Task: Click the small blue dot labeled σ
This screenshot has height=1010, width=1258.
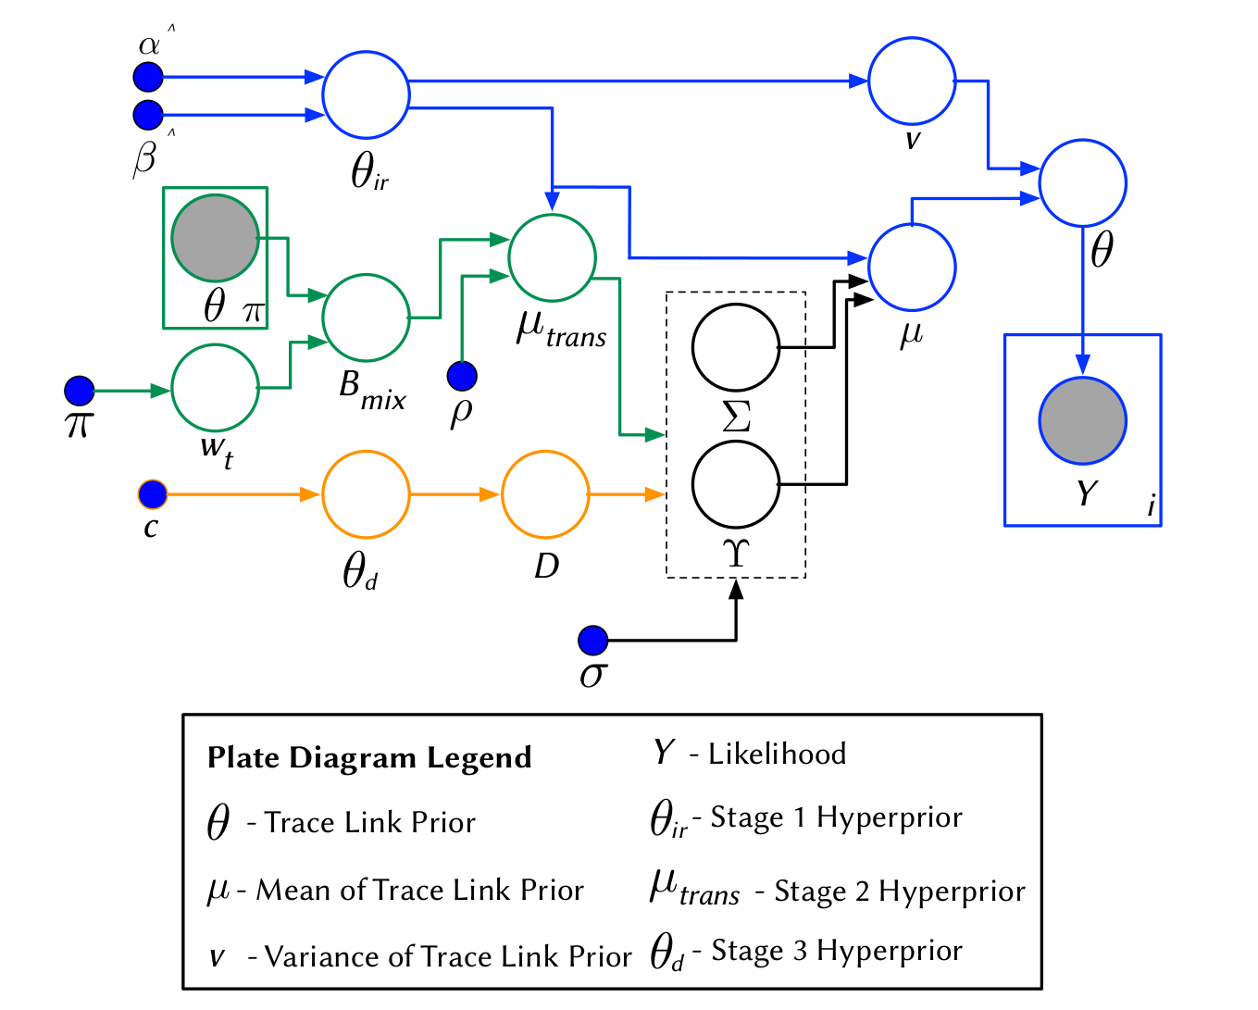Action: click(592, 640)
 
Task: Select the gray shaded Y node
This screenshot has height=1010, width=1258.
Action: click(1082, 420)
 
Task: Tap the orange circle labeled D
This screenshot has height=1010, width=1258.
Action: click(545, 494)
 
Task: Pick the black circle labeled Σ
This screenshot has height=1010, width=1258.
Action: click(736, 347)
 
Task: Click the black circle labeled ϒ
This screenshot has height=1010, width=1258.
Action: click(736, 484)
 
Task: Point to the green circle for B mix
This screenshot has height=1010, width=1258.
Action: click(366, 318)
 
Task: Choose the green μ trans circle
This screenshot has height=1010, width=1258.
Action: click(552, 257)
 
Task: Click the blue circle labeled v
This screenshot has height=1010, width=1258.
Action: click(912, 81)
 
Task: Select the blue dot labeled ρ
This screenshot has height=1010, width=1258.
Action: click(462, 376)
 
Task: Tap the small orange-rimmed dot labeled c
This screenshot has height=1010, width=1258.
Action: click(152, 494)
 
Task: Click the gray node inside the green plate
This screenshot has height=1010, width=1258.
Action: click(215, 238)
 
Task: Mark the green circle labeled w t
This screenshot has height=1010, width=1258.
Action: click(215, 388)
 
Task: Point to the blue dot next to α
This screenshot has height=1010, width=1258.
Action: click(148, 77)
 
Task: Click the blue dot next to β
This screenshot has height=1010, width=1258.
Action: click(148, 115)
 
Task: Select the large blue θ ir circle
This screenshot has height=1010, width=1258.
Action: click(366, 94)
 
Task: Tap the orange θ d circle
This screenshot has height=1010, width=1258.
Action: click(366, 494)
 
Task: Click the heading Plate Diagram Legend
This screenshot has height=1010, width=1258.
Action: click(369, 757)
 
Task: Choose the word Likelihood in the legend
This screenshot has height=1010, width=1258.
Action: click(777, 754)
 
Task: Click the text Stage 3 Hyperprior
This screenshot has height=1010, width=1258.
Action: click(837, 951)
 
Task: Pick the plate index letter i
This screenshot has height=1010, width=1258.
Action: click(1151, 506)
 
